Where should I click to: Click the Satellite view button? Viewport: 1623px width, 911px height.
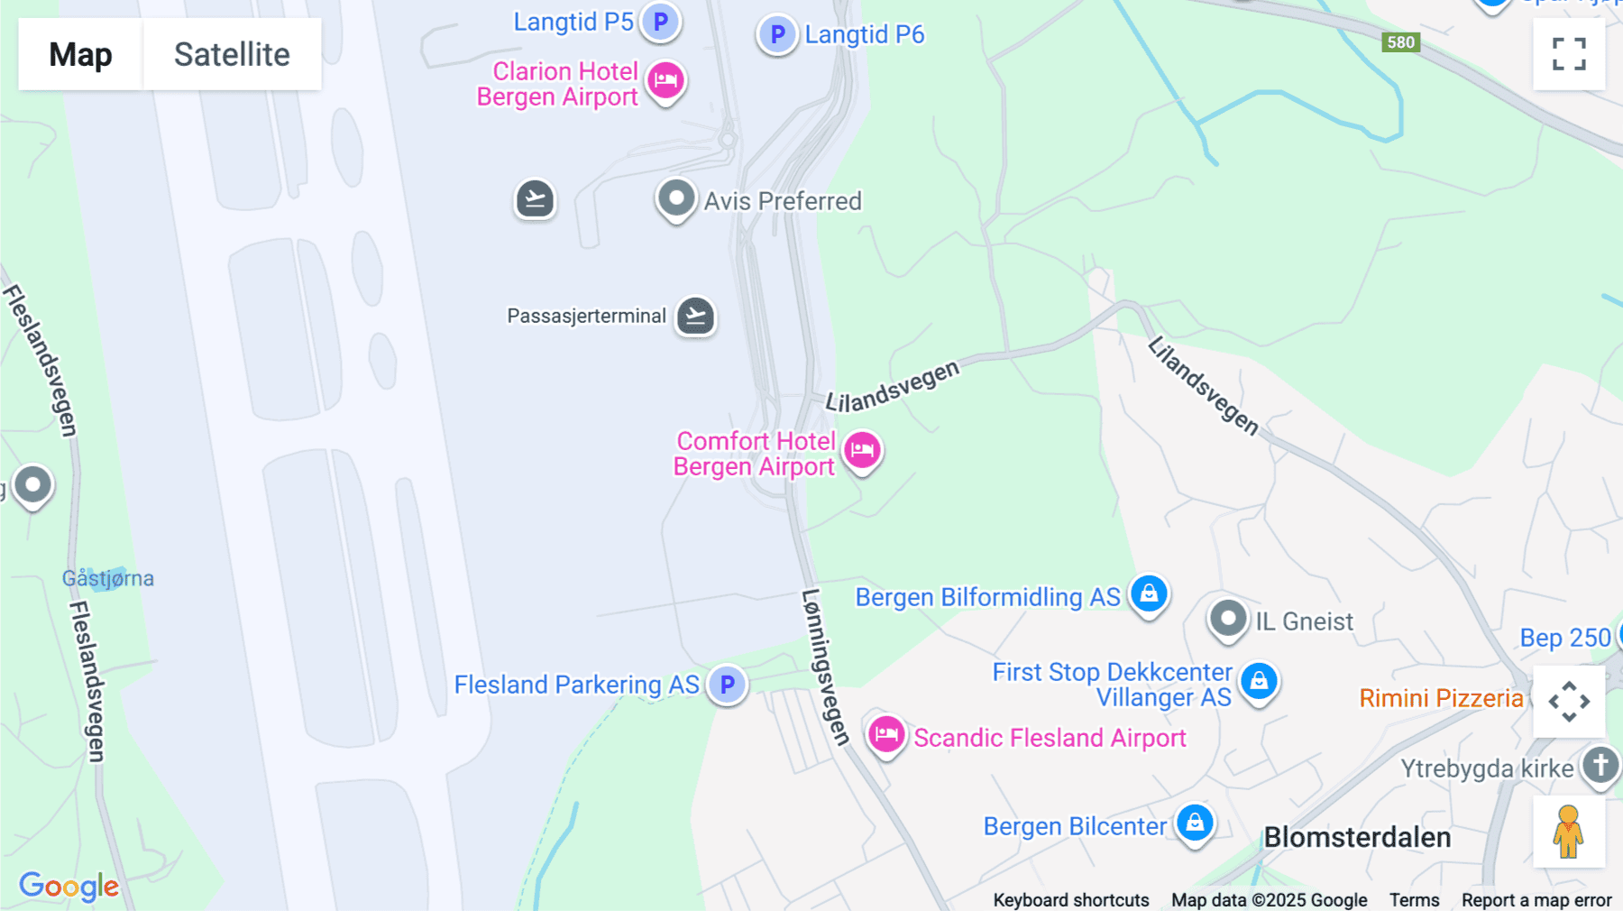[x=232, y=54]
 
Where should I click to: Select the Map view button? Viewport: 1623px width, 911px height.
[x=80, y=54]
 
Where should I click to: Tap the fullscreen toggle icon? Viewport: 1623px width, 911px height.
[x=1569, y=54]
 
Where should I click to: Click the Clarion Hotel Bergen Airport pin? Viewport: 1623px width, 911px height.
[x=666, y=81]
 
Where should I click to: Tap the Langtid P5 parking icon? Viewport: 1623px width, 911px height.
[x=661, y=21]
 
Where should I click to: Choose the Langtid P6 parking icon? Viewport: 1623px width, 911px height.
[x=777, y=35]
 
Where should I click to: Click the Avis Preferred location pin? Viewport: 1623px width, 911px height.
[x=676, y=198]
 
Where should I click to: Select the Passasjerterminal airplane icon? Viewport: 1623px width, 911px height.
[x=695, y=317]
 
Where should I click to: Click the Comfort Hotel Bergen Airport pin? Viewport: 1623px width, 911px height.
[x=862, y=450]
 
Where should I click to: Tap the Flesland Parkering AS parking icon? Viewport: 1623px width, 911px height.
[x=727, y=685]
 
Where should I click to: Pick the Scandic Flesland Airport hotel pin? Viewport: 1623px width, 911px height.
[x=886, y=735]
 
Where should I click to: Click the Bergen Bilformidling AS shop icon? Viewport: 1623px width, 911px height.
[x=1149, y=594]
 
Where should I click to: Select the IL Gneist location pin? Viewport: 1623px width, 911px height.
[x=1228, y=620]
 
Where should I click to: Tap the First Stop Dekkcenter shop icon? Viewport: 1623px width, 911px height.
[x=1259, y=681]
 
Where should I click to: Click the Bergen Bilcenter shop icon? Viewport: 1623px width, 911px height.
[x=1195, y=823]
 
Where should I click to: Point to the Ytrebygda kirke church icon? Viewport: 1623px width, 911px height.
[x=1600, y=766]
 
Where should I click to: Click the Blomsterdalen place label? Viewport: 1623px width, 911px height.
[x=1357, y=837]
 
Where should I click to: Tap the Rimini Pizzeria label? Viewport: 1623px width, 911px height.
[x=1441, y=698]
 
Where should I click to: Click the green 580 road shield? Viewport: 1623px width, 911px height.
[x=1400, y=42]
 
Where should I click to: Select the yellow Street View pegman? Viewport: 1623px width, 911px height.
[x=1569, y=832]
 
